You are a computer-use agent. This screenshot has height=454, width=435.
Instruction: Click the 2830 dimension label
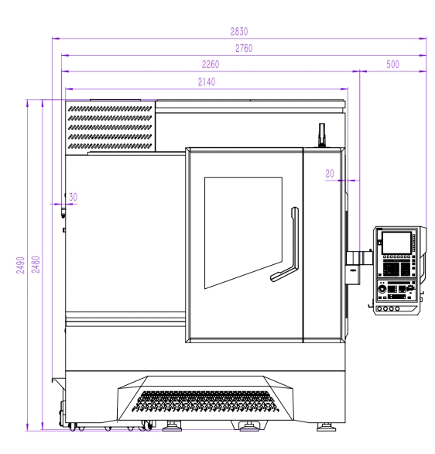tap(239, 31)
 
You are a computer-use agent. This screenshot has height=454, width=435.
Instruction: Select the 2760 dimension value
tap(244, 48)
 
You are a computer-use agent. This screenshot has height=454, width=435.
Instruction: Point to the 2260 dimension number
tap(211, 64)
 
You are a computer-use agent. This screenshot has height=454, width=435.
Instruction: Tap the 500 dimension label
tap(392, 64)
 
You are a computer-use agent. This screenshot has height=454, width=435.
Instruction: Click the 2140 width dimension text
tap(206, 82)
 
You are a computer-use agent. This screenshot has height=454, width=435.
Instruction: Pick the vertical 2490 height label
tap(20, 265)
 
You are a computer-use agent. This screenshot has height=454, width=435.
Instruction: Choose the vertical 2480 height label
tap(36, 264)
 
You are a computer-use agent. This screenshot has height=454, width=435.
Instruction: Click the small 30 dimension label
tap(73, 198)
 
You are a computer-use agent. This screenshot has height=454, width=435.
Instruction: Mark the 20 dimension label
tap(330, 174)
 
